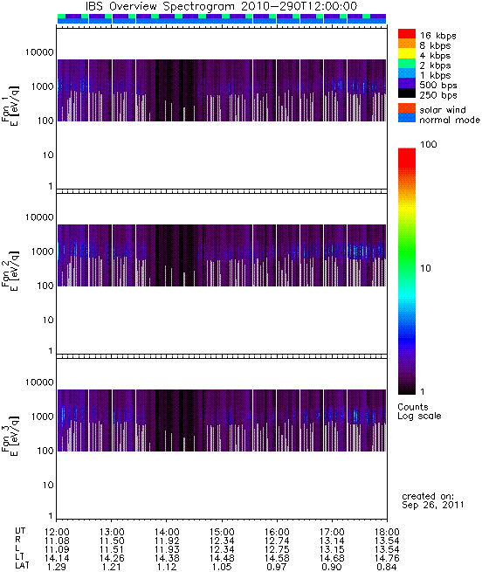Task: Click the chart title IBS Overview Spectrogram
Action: (x=160, y=7)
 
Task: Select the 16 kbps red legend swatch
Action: (x=407, y=33)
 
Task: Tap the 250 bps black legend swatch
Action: (x=407, y=93)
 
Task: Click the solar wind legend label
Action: (x=443, y=110)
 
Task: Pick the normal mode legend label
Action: (x=450, y=120)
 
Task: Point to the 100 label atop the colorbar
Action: (x=429, y=144)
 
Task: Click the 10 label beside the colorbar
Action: (x=425, y=268)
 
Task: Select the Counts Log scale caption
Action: (x=419, y=411)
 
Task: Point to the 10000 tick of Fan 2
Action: (x=39, y=217)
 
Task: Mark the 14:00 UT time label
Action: (x=167, y=532)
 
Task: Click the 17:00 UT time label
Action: (x=332, y=532)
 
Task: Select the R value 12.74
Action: (x=277, y=541)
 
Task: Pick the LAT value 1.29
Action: (x=57, y=567)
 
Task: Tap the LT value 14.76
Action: (x=387, y=558)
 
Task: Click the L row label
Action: (x=17, y=549)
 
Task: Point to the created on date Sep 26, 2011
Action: (x=433, y=506)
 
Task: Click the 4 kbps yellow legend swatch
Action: (x=407, y=53)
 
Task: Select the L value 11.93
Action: (x=167, y=549)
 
